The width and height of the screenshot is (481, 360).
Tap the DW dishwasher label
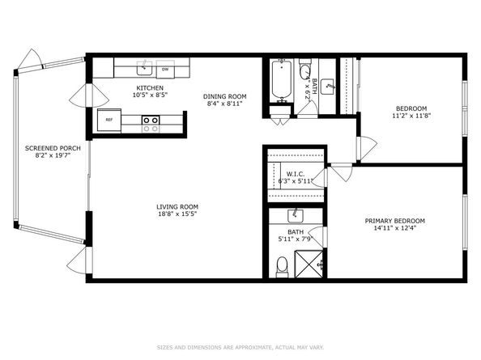[x=165, y=68]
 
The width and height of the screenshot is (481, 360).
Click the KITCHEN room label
[x=150, y=88]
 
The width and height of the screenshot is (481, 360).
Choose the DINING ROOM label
[x=224, y=96]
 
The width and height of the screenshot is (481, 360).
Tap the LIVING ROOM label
[x=177, y=206]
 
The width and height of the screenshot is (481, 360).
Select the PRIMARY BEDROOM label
[x=394, y=221]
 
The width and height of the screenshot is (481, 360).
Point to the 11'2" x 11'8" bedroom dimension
[x=411, y=116]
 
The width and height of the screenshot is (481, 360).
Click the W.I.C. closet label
[x=295, y=173]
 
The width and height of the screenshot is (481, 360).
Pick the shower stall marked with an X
[x=309, y=264]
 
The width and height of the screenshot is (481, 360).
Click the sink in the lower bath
[x=296, y=215]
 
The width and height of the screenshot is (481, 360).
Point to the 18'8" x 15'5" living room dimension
[x=177, y=214]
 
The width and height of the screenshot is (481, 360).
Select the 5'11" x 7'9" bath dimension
[x=296, y=239]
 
